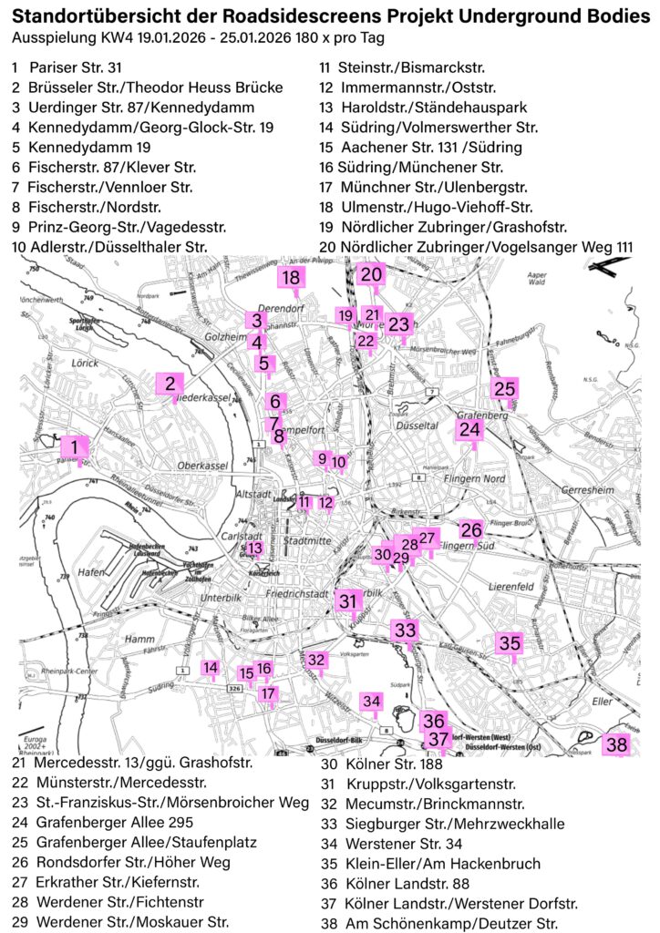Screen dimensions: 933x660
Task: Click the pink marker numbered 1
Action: [74, 446]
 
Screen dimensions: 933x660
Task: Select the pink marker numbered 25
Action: [504, 389]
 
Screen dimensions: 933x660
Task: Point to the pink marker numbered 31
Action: [348, 601]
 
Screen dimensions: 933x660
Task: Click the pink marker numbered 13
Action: [255, 548]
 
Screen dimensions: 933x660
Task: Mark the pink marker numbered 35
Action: [510, 643]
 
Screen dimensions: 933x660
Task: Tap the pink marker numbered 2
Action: [170, 384]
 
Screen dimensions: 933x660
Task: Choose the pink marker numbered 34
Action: [371, 702]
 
